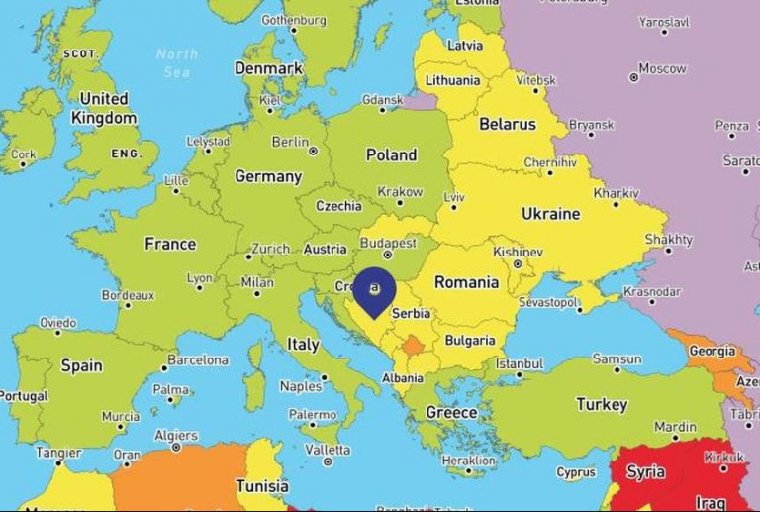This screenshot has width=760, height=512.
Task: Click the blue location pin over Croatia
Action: click(x=374, y=289)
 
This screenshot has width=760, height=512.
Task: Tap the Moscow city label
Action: click(x=662, y=68)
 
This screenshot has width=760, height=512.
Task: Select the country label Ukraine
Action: click(x=550, y=213)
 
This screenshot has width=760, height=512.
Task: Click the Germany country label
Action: click(x=267, y=176)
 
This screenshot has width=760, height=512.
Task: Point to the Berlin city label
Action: click(x=290, y=142)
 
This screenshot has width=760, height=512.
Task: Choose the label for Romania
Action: click(x=466, y=282)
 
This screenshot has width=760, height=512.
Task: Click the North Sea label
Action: click(x=176, y=62)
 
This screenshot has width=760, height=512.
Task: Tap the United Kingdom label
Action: click(x=104, y=108)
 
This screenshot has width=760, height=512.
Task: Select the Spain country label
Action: click(x=81, y=365)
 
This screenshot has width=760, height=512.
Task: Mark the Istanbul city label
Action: click(x=520, y=363)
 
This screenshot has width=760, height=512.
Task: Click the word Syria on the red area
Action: click(x=645, y=471)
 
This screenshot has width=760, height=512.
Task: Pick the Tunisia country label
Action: click(x=261, y=486)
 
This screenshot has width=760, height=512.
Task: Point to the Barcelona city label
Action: click(x=198, y=360)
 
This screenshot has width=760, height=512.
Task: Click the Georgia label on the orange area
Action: click(x=712, y=351)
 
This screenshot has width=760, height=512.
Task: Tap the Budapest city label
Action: click(x=388, y=243)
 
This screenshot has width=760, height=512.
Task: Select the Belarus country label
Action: click(x=507, y=124)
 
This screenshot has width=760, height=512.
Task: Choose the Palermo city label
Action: click(x=313, y=415)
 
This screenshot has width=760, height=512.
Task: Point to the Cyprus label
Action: click(x=576, y=472)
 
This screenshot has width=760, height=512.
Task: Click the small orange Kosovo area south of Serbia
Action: click(x=413, y=346)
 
